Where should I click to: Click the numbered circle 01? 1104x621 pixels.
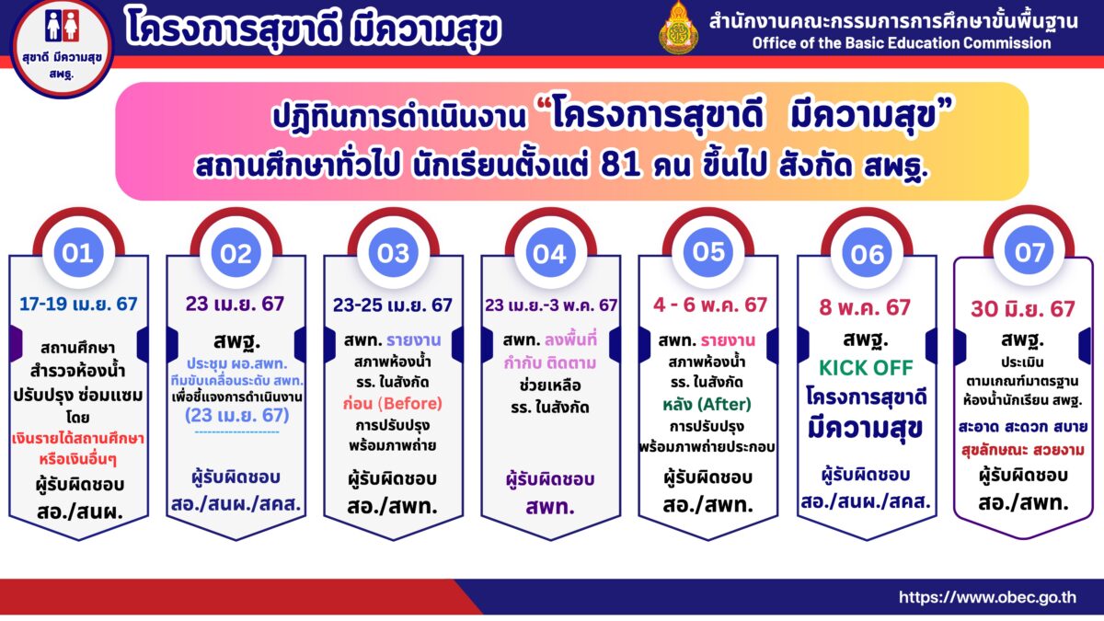(78, 253)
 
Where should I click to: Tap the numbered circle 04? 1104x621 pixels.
(550, 253)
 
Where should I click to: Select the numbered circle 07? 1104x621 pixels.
(1029, 251)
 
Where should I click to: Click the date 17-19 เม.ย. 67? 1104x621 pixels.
(78, 305)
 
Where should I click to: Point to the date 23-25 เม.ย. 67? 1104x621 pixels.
(393, 305)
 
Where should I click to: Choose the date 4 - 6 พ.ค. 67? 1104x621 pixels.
(710, 305)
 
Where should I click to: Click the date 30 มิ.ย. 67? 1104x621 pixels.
(1023, 309)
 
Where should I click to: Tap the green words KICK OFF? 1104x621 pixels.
(866, 368)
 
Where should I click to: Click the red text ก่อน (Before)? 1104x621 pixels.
(393, 404)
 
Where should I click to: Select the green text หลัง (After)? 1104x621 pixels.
(707, 405)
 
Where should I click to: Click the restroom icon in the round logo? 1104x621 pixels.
(63, 27)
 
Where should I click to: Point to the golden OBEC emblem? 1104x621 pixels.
(679, 29)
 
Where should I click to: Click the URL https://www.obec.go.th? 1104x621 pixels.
(988, 597)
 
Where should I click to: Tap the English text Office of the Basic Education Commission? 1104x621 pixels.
(902, 43)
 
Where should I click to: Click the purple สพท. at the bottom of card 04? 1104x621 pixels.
(550, 507)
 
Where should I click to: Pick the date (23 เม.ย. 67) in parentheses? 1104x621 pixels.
(237, 416)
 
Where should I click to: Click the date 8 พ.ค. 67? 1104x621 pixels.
(865, 307)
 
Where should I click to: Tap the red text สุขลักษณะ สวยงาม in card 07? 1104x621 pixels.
(1023, 450)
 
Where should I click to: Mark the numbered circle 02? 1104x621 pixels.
(236, 253)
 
